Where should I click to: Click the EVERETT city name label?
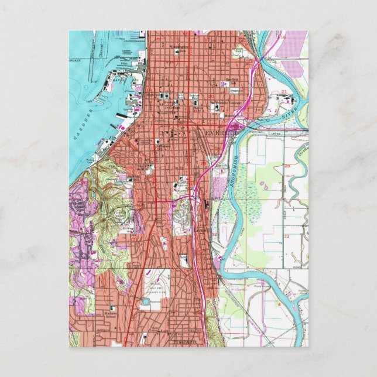tap(222, 133)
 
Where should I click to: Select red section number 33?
tap(286, 236)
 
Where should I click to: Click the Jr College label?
tap(170, 108)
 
